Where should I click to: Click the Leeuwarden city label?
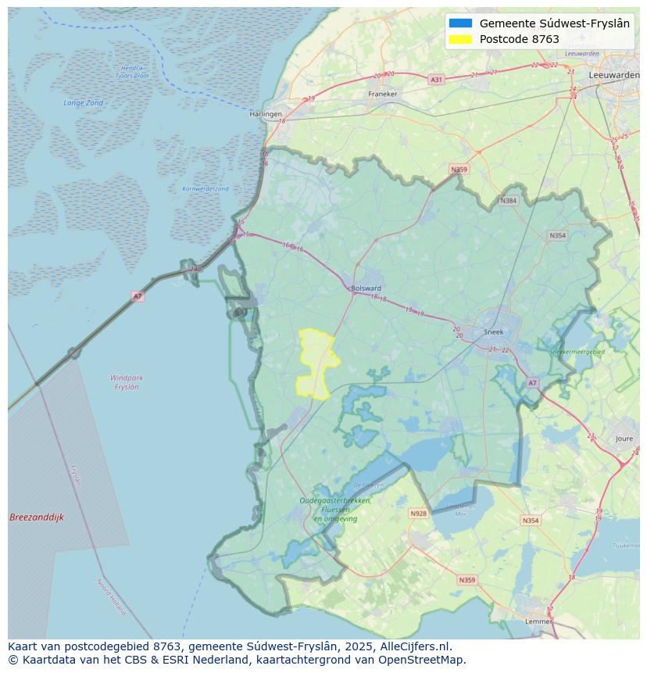[615, 74]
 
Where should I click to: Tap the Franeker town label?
[383, 94]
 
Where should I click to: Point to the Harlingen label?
[266, 114]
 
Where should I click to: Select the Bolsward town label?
[366, 288]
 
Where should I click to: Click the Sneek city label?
[494, 331]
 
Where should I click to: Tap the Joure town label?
[624, 439]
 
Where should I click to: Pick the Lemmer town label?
[538, 621]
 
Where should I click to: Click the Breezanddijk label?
[36, 517]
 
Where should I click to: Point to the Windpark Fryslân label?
[127, 382]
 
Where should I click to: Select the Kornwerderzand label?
[206, 188]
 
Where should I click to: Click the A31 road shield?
[436, 80]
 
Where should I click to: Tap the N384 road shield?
[509, 201]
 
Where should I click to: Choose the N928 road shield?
[418, 514]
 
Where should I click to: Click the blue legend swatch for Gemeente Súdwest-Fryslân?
[460, 23]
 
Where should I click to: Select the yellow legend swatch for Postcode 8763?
[460, 39]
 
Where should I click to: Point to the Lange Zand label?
[83, 103]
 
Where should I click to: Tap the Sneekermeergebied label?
[577, 353]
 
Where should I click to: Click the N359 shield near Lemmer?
[466, 580]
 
